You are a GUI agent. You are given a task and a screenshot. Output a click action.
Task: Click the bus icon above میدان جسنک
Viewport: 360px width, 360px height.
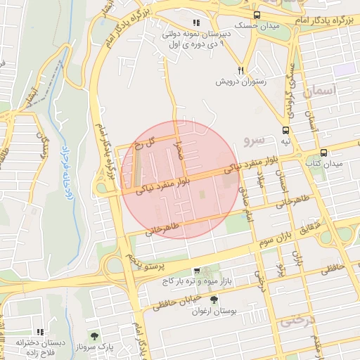(x=257, y=14)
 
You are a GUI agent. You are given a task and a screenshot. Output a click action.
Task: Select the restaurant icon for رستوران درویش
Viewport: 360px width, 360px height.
(x=241, y=71)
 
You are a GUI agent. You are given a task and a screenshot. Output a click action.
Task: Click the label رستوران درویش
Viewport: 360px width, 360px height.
(x=241, y=82)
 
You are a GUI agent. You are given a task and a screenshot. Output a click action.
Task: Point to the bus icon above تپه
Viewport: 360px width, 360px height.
(x=285, y=129)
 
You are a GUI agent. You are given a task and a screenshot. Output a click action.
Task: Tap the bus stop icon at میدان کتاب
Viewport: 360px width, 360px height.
(x=323, y=152)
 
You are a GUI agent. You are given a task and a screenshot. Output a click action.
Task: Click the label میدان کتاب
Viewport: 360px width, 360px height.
(x=323, y=163)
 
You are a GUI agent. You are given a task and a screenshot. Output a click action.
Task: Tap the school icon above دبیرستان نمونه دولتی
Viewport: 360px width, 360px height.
(x=186, y=22)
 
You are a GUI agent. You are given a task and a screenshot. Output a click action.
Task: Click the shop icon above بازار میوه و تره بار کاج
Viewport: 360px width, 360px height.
(x=197, y=271)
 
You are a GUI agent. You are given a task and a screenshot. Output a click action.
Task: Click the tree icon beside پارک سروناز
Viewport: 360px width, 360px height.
(x=94, y=335)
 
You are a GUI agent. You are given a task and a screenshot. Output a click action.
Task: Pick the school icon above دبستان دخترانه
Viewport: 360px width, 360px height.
(x=40, y=332)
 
